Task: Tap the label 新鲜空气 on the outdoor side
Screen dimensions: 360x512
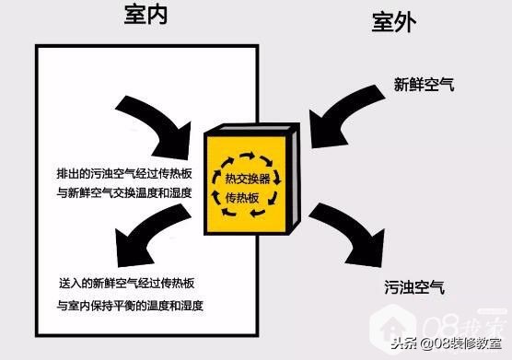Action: (424, 86)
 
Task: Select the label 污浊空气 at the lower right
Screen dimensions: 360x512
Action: (414, 287)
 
